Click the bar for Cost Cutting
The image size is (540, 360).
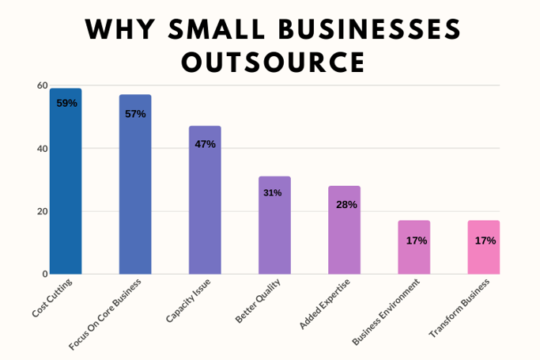[66, 190]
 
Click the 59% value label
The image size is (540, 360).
[66, 103]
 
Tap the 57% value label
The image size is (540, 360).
[135, 114]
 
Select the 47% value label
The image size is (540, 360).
[205, 144]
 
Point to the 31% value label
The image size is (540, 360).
[273, 192]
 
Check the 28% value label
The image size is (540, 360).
[346, 204]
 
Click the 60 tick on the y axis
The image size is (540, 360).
[42, 85]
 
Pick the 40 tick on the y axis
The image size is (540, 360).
[42, 149]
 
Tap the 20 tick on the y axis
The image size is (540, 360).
[42, 211]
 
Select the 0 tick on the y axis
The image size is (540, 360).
[45, 274]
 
